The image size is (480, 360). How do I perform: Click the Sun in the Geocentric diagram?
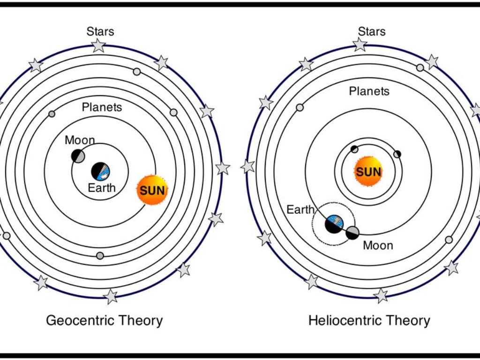click(x=152, y=190)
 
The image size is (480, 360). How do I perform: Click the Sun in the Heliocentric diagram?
click(x=368, y=171)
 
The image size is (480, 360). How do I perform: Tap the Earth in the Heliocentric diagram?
click(x=334, y=224)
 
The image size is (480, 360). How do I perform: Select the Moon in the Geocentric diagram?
click(x=78, y=156)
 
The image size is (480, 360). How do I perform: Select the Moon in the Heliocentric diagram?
click(x=352, y=232)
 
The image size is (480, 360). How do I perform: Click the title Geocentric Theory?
click(x=104, y=321)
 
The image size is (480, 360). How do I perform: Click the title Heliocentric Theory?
click(x=369, y=321)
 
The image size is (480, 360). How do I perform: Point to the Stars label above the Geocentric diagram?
click(x=100, y=31)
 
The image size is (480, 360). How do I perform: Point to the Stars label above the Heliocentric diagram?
click(x=372, y=31)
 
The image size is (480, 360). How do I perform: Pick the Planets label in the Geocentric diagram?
click(x=102, y=107)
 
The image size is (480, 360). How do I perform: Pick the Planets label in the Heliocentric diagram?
click(x=369, y=91)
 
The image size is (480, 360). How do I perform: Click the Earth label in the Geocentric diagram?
click(x=101, y=188)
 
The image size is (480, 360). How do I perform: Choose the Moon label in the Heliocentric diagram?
click(x=378, y=245)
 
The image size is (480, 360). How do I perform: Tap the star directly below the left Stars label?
click(x=98, y=45)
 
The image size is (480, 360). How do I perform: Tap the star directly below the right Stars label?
click(x=360, y=45)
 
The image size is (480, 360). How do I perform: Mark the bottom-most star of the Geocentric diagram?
click(x=111, y=296)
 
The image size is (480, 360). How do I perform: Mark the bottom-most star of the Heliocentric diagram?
click(x=381, y=295)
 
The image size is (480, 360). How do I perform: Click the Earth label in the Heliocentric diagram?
click(x=300, y=210)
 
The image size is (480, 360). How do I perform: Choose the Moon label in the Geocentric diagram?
click(x=80, y=140)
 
